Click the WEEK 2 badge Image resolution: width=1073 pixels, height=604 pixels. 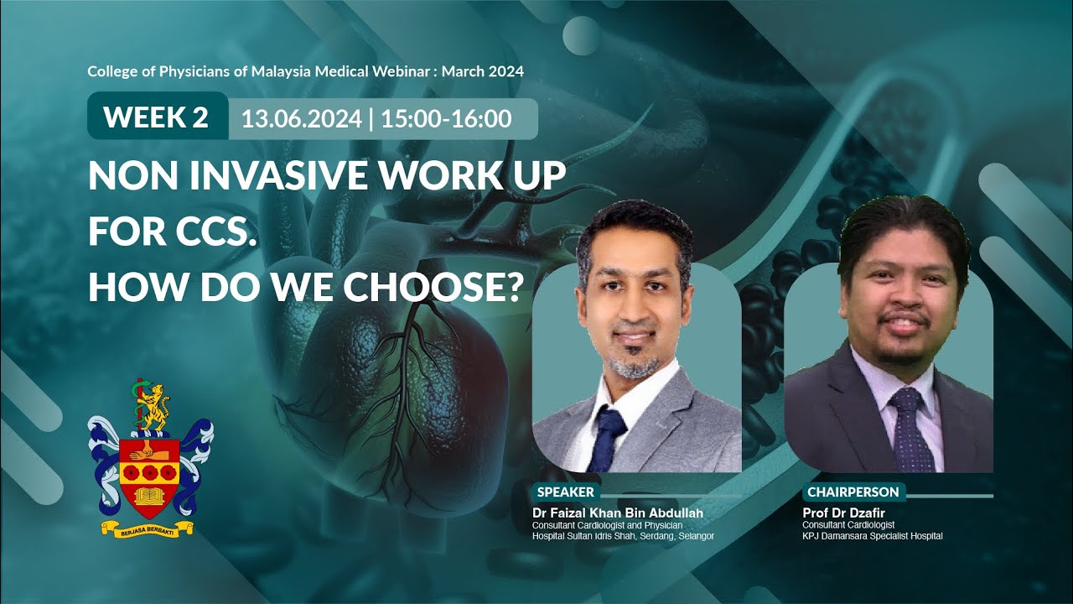click(x=156, y=117)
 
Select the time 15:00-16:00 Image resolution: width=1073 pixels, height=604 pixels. click(x=446, y=119)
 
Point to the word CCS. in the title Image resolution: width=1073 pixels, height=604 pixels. click(x=215, y=232)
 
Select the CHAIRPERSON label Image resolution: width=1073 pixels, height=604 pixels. click(x=853, y=492)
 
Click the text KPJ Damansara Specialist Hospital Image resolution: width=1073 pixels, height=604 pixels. click(x=872, y=536)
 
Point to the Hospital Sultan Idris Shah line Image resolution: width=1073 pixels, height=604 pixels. click(x=623, y=536)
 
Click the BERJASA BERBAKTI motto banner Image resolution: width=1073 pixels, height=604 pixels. click(x=148, y=528)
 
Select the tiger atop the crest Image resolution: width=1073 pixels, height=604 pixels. click(x=153, y=404)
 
